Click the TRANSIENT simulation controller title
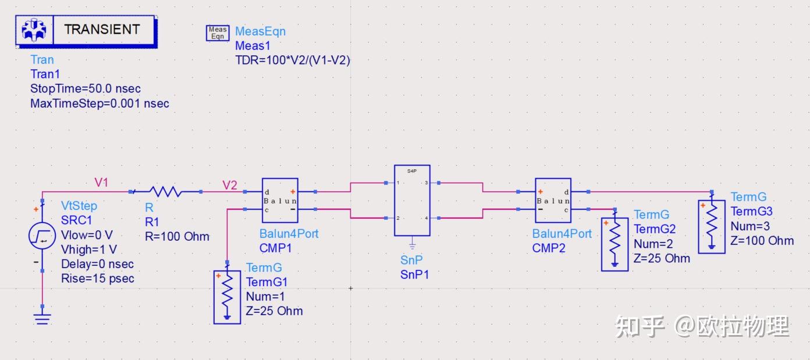102,29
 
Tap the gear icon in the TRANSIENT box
34,30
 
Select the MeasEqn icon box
217,33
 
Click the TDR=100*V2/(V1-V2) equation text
293,60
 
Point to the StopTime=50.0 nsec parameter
86,88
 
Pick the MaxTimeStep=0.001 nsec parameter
100,104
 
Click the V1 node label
101,182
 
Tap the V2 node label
230,185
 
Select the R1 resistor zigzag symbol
166,191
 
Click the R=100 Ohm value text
177,236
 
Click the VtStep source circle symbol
42,236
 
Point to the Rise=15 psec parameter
98,279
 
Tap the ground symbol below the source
42,319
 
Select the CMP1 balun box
280,200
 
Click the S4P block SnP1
412,201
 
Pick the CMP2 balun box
553,200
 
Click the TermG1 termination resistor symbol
227,297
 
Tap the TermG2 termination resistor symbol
614,244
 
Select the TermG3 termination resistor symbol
712,227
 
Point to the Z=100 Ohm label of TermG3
762,241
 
